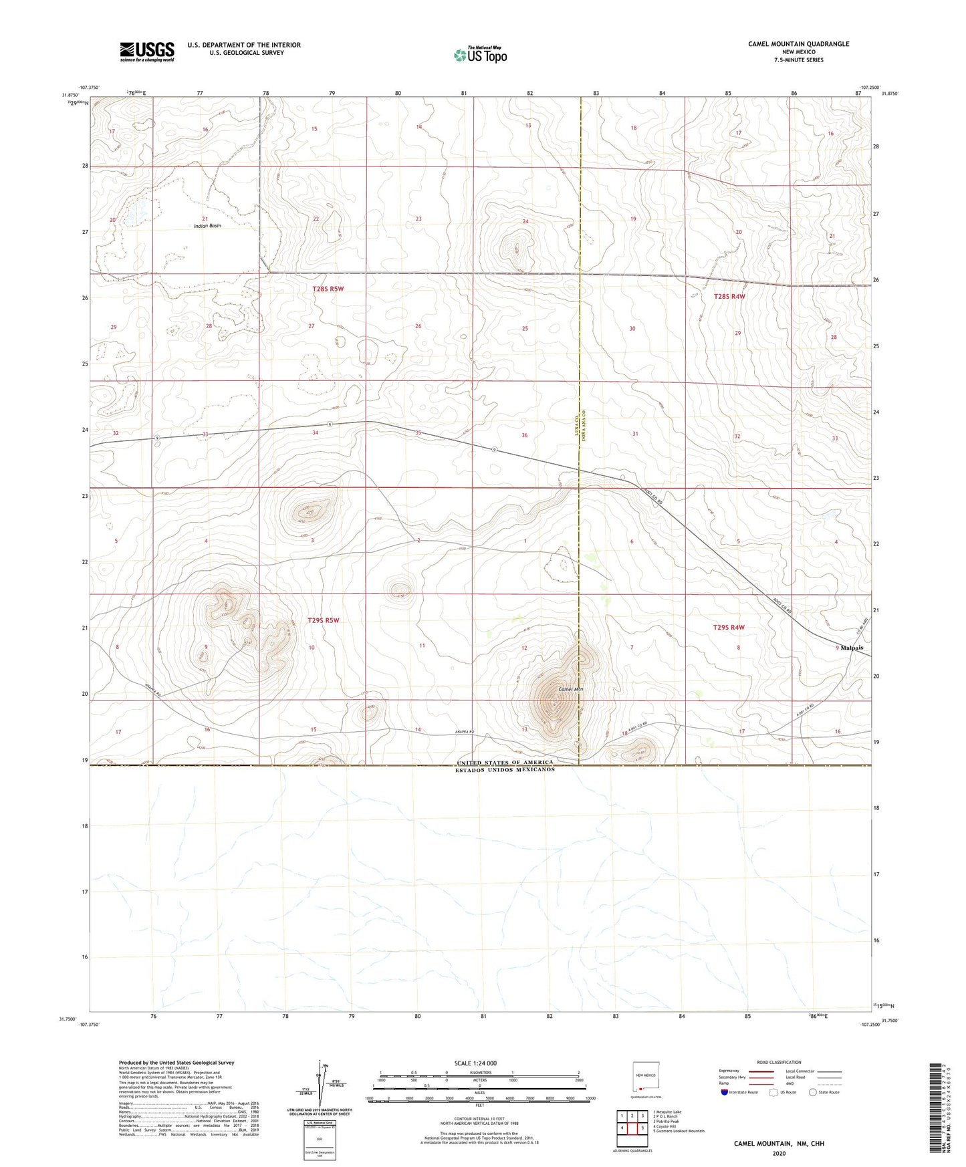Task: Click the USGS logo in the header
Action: pos(146,51)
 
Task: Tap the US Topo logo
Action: pos(480,55)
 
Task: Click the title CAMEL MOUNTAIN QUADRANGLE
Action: pos(798,44)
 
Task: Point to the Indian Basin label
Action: pos(207,226)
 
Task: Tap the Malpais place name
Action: pos(852,648)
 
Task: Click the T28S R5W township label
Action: pos(328,289)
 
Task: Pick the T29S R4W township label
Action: pos(728,627)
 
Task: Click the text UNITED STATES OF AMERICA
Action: pos(505,763)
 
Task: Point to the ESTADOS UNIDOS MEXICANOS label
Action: pos(505,769)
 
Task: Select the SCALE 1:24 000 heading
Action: pos(475,1063)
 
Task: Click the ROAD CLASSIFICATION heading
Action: pos(778,1062)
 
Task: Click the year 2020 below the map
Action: pos(778,1153)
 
